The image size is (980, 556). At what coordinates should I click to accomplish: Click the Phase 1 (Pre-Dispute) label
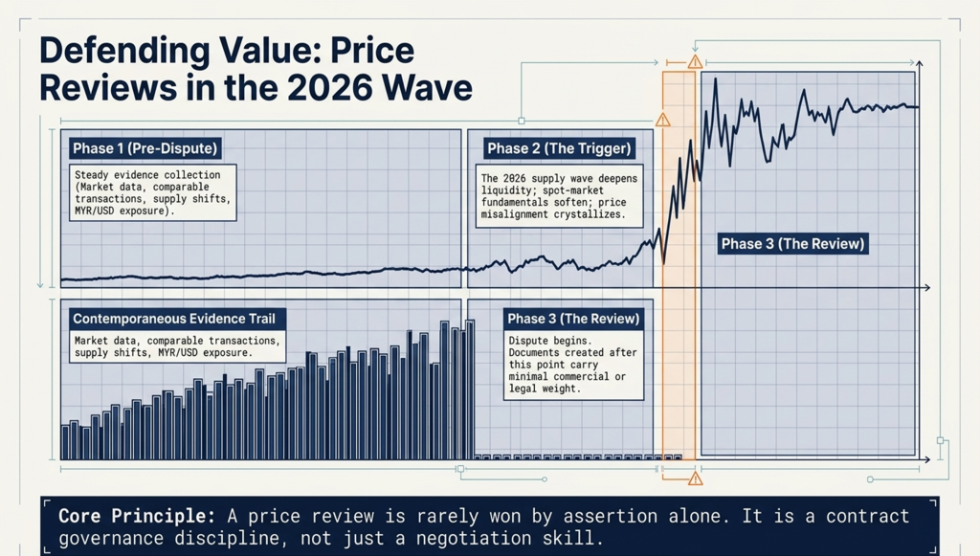145,148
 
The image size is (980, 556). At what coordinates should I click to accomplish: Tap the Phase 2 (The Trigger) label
559,148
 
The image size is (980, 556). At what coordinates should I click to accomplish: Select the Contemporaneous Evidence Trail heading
174,319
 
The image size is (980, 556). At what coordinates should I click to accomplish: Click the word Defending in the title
123,52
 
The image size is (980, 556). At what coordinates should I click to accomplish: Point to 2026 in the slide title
329,87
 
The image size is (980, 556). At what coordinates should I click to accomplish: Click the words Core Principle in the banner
137,516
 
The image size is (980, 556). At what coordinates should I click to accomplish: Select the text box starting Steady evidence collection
152,192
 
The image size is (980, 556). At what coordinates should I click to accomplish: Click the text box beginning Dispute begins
574,365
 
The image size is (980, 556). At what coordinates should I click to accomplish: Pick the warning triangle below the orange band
695,479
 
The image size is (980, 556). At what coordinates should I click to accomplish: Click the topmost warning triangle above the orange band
695,62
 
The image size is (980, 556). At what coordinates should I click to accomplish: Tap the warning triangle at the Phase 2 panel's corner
662,120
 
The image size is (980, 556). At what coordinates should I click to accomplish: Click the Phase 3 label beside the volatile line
793,244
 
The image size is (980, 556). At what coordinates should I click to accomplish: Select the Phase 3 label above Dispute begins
573,319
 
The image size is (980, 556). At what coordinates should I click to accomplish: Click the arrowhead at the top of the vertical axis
920,64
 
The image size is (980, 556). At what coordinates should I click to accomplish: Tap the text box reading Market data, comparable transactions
177,346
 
